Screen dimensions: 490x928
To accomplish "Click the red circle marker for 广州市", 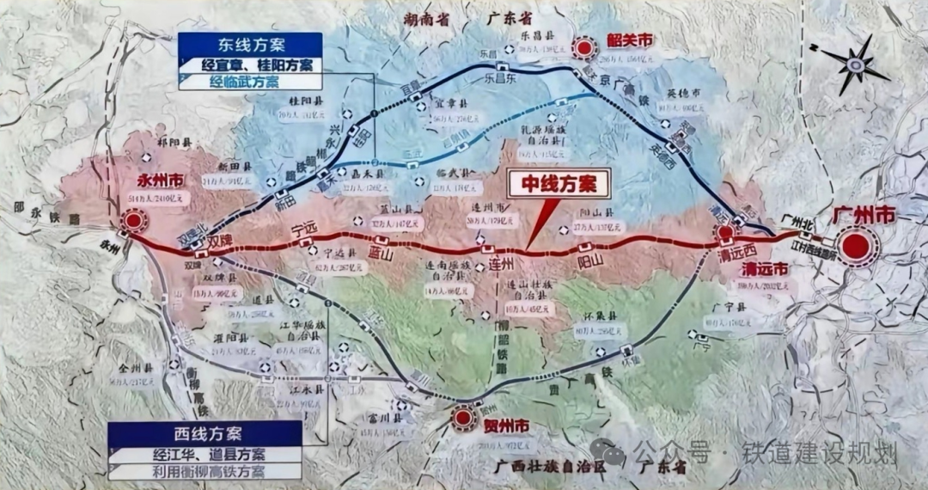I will pos(856,247).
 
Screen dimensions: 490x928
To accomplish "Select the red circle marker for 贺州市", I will pos(464,418).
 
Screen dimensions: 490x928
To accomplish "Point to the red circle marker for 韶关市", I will pos(585,48).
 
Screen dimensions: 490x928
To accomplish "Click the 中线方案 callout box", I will pos(559,183).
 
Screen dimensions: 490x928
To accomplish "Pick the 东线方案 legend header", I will pos(250,45).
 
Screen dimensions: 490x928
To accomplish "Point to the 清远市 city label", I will pos(767,268).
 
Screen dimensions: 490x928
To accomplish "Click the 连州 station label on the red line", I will pos(501,261).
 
